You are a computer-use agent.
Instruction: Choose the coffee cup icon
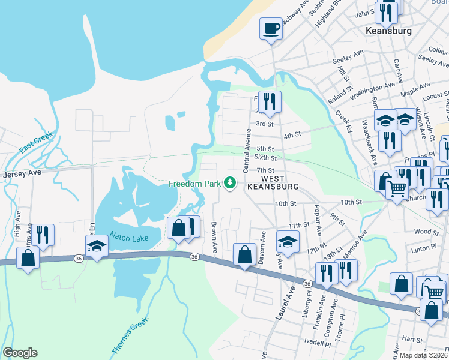pyautogui.click(x=271, y=28)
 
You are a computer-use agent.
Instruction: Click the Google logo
pyautogui.click(x=20, y=353)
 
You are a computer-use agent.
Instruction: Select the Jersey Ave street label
pyautogui.click(x=20, y=174)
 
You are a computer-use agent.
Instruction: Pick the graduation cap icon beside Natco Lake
pyautogui.click(x=97, y=247)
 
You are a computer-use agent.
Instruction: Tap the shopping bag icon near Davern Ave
pyautogui.click(x=244, y=254)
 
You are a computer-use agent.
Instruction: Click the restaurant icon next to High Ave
pyautogui.click(x=43, y=234)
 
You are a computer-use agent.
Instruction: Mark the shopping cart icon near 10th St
pyautogui.click(x=397, y=189)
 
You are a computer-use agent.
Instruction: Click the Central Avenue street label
pyautogui.click(x=246, y=150)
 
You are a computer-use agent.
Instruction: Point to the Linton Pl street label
pyautogui.click(x=424, y=247)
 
